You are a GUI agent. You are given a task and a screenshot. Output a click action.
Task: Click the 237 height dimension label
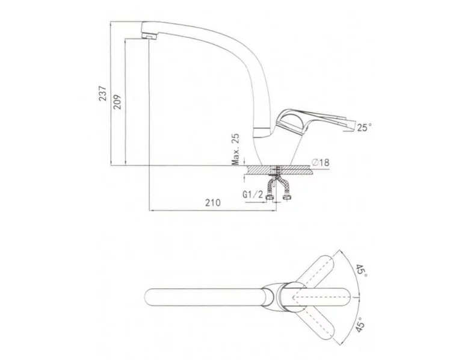pos(103,93)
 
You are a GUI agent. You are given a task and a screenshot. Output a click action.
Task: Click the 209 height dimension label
pos(117,102)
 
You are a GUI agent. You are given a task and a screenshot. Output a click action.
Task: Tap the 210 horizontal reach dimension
pos(212,203)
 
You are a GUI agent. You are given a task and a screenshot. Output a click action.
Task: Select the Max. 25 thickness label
pos(236,149)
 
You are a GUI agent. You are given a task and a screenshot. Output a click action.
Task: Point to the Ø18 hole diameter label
pos(320,163)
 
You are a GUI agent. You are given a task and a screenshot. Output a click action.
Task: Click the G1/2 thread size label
pos(253,194)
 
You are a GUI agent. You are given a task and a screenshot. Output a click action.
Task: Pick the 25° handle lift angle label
pos(364,127)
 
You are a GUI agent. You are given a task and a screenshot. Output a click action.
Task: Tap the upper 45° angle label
pos(362,271)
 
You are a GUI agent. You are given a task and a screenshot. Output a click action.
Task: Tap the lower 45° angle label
pos(361,324)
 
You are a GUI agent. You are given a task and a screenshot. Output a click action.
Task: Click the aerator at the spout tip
pos(149,36)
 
